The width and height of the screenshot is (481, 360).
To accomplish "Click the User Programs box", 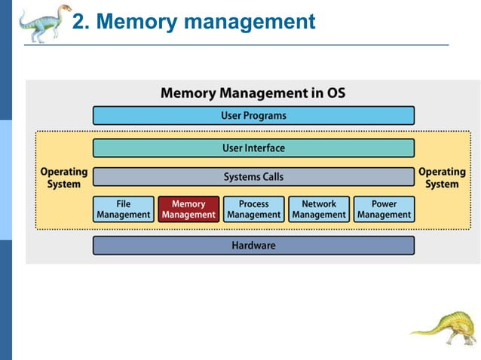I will (x=253, y=115).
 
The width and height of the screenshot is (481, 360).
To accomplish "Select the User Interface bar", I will (x=253, y=148).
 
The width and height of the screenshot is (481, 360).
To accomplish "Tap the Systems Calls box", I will (x=253, y=177).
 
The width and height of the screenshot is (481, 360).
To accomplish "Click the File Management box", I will (x=123, y=209).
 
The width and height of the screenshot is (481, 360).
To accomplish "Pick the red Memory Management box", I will (x=188, y=209).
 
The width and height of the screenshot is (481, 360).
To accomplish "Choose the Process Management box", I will (x=253, y=209).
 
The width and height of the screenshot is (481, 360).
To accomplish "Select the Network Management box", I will (x=319, y=209).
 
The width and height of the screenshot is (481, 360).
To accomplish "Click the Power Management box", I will (x=384, y=209).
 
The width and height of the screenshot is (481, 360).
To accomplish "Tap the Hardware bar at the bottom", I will (x=253, y=246).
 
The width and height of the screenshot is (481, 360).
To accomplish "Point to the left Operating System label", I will (x=64, y=178).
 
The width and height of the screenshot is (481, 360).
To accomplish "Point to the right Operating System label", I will (x=442, y=178).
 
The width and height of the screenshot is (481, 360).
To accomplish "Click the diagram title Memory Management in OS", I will (x=253, y=94).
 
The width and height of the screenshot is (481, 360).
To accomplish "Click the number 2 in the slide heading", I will (x=79, y=23).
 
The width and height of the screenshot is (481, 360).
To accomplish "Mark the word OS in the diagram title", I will (x=334, y=94).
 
